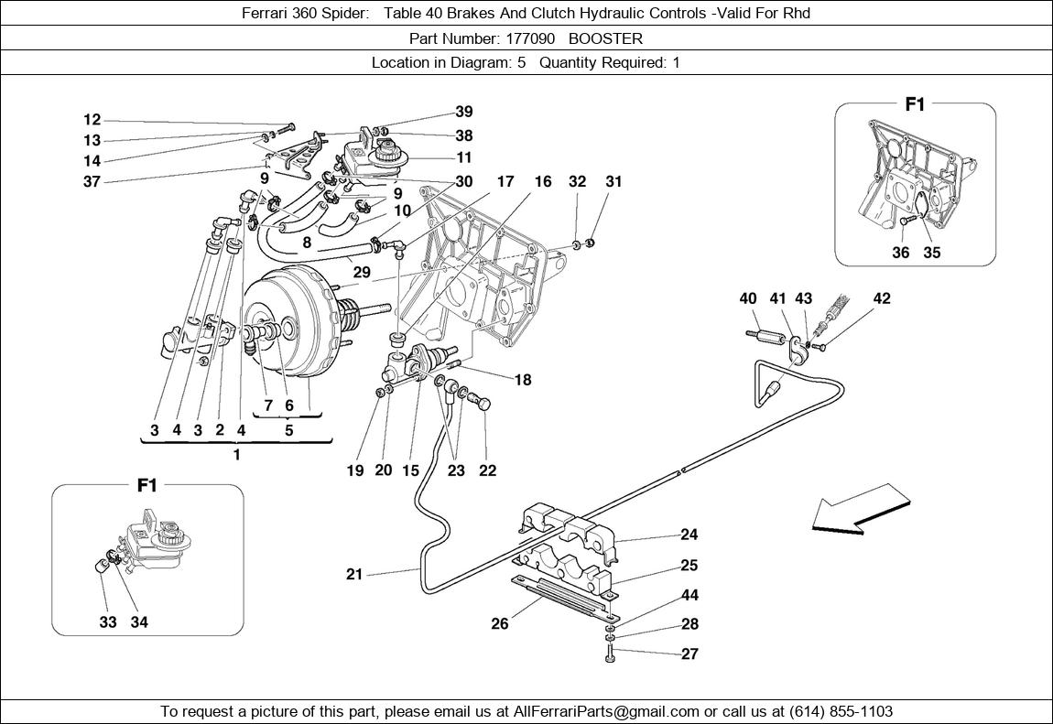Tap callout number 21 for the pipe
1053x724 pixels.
point(355,574)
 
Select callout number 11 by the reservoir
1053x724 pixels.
point(464,157)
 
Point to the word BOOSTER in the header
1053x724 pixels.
point(605,38)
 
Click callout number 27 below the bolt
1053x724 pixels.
point(689,654)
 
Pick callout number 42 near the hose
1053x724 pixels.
point(882,298)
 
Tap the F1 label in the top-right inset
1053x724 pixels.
point(915,104)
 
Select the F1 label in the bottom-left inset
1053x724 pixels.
point(147,485)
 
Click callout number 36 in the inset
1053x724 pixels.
point(901,253)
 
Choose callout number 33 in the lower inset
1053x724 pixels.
point(107,622)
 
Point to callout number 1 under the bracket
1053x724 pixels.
point(236,455)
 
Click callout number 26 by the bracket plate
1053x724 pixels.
point(499,624)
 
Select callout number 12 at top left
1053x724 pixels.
point(92,120)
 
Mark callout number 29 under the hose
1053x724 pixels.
point(362,273)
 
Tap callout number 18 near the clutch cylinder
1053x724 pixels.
point(522,380)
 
